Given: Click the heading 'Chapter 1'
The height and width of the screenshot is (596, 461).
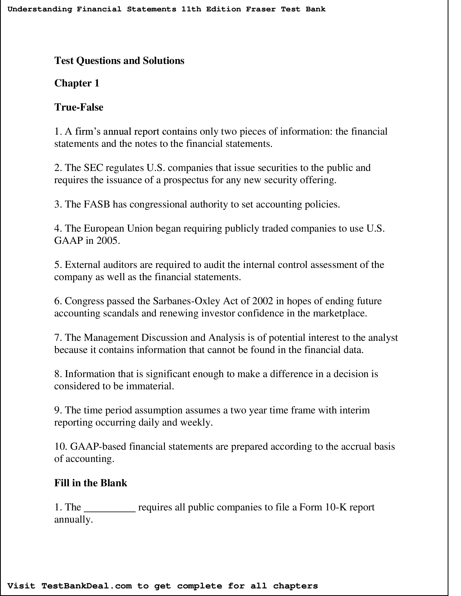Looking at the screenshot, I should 77,83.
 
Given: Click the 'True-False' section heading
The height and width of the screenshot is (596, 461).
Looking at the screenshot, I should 79,107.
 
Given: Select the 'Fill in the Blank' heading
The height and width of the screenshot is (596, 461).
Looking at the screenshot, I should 91,483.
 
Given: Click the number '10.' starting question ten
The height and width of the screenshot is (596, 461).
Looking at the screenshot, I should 61,446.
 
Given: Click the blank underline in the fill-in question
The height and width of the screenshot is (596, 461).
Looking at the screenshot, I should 110,508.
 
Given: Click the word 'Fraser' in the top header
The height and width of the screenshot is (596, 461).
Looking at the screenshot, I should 261,9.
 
